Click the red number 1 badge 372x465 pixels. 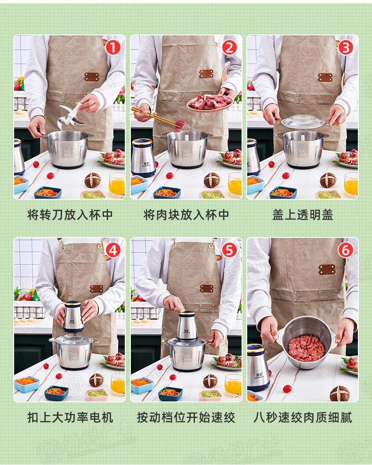point(113,48)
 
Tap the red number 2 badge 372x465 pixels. point(229,48)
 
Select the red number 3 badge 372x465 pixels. point(346,48)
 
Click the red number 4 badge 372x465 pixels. point(113,251)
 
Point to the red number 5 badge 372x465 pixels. point(229,251)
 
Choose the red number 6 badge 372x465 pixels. point(346,251)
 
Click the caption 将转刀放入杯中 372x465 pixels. point(70,215)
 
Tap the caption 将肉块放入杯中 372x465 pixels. point(186,215)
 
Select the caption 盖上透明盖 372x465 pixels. point(303,215)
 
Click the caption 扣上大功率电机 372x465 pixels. point(70,417)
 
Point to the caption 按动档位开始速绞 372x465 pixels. point(186,417)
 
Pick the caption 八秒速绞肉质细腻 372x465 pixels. point(303,417)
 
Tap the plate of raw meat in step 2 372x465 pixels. point(210,103)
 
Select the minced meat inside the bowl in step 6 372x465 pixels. point(307,348)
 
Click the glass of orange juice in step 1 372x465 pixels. point(116,185)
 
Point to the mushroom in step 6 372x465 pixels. point(340,393)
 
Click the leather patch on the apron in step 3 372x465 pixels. point(325,77)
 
